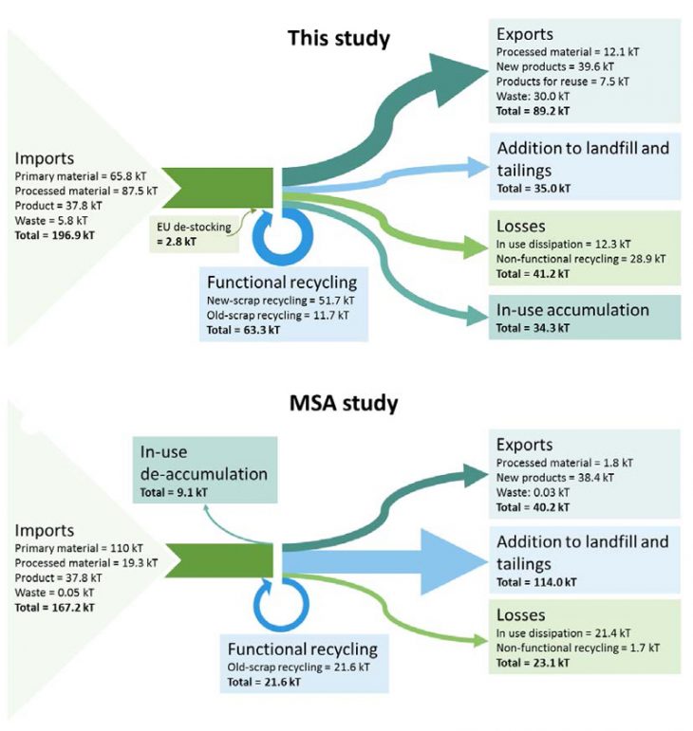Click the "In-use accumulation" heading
572,309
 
